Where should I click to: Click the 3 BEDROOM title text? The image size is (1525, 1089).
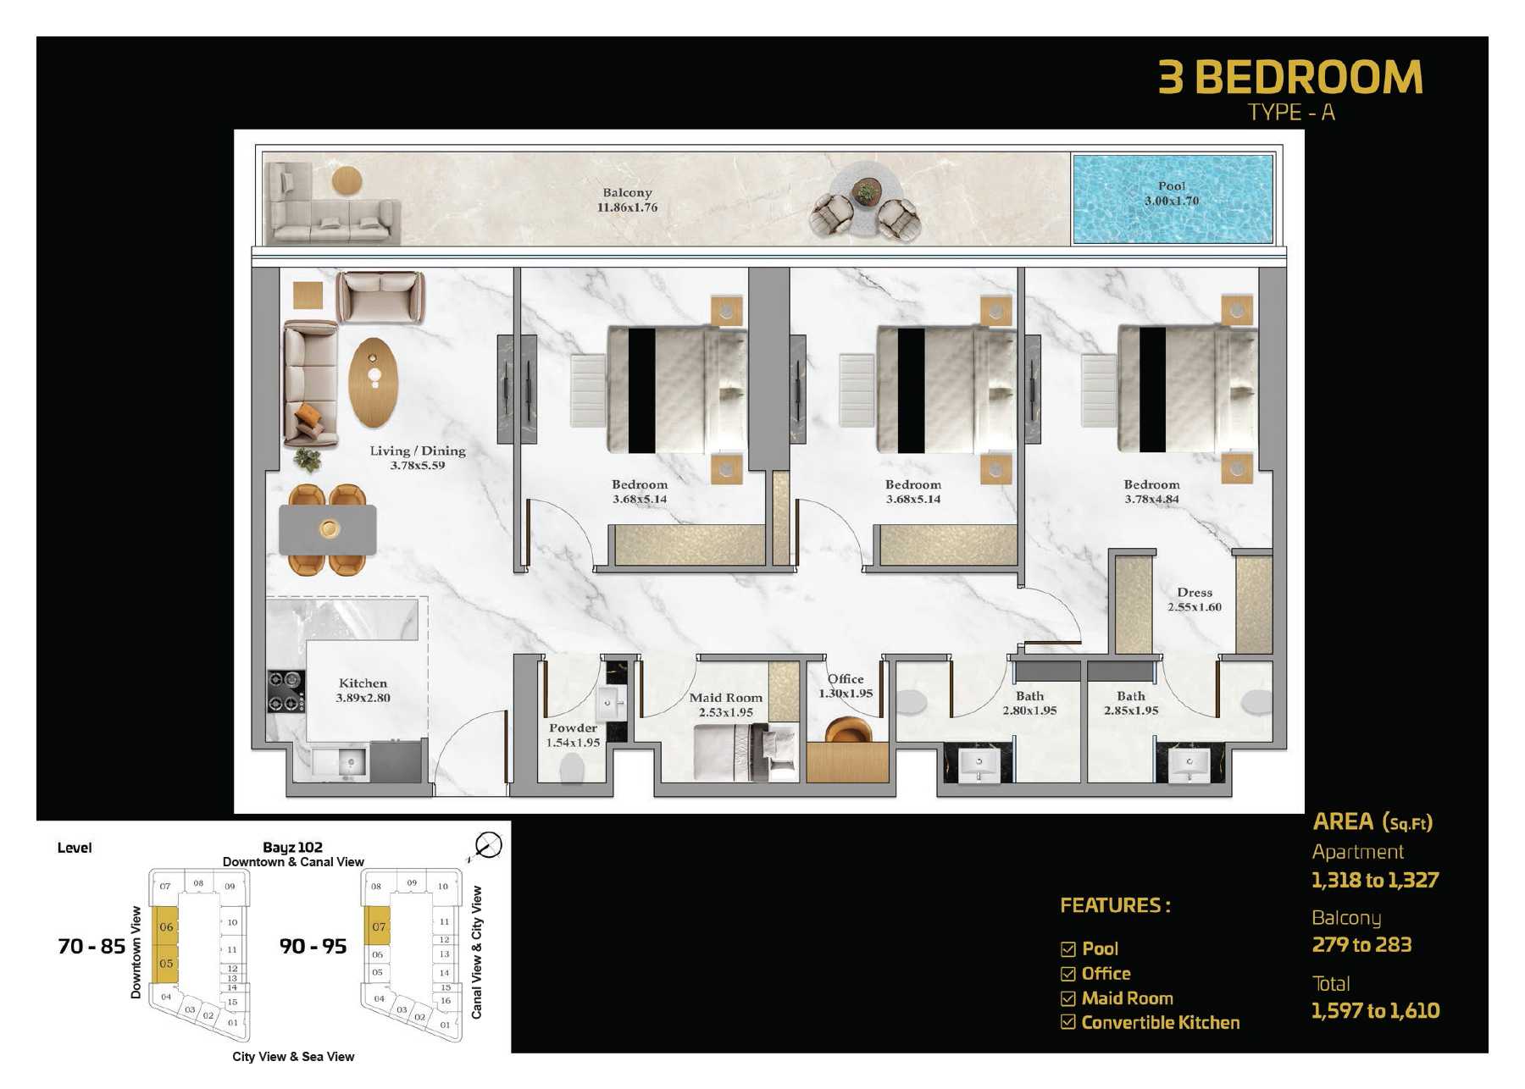click(1289, 78)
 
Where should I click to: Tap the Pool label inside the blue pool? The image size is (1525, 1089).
click(1172, 193)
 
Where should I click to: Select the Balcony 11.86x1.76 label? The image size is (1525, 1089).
click(627, 200)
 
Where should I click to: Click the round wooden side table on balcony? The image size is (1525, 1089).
click(347, 180)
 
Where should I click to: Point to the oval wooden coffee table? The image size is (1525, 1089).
click(372, 382)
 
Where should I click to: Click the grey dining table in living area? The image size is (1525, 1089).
click(328, 529)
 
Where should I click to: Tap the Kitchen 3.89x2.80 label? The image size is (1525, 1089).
click(363, 690)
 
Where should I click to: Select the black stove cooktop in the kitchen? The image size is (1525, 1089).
click(286, 691)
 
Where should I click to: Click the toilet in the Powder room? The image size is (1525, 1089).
click(573, 768)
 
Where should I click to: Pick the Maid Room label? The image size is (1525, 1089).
click(725, 705)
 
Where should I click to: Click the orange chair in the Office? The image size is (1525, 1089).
click(847, 729)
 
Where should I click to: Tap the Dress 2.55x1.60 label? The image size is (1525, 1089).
click(1194, 600)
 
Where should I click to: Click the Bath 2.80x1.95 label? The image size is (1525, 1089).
click(1029, 703)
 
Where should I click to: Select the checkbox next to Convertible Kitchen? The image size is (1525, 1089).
click(1067, 1022)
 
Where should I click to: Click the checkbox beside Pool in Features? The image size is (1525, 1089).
click(1067, 949)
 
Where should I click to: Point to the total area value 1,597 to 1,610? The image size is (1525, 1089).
click(1374, 1010)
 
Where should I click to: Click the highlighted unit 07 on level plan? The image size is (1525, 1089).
click(377, 926)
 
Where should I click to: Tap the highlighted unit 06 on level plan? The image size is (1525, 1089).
click(165, 926)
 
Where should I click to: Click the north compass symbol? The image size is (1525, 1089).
click(488, 844)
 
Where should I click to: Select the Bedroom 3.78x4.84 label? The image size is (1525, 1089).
click(1151, 491)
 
